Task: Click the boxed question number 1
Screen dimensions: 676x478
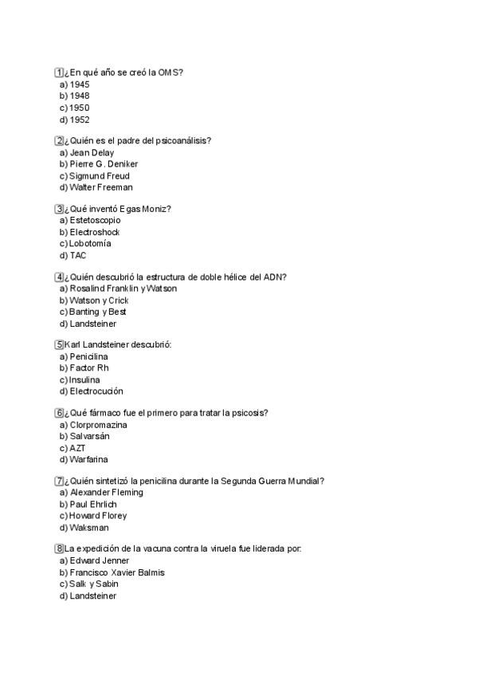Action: coord(59,73)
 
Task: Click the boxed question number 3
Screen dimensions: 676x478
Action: coord(59,209)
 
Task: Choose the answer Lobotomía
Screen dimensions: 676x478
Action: coord(90,243)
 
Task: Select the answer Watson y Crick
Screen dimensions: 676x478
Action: coord(99,301)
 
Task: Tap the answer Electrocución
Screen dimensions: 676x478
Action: coord(96,391)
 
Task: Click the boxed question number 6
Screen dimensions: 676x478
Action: coord(59,413)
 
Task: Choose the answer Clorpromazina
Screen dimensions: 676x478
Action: coord(99,425)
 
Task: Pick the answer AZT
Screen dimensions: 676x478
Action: coord(77,448)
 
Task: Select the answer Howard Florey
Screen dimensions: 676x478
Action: coord(98,516)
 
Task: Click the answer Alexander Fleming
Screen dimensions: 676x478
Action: coord(107,493)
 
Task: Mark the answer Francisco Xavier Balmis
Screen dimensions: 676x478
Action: coord(117,572)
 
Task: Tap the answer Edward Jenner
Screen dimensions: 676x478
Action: coord(100,560)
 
